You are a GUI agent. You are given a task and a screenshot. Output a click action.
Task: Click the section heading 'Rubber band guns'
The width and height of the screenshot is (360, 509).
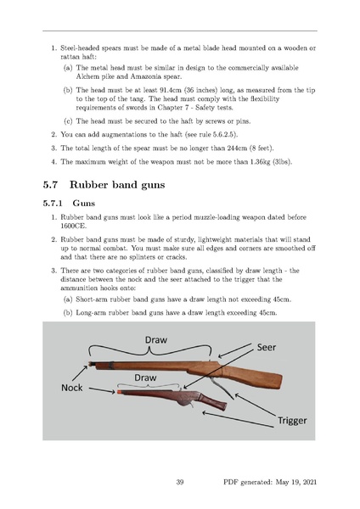(x=117, y=185)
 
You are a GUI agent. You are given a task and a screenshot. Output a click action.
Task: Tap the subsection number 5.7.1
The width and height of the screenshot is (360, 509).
(x=53, y=204)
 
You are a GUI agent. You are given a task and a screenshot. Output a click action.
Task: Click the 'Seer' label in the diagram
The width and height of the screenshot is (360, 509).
(x=267, y=347)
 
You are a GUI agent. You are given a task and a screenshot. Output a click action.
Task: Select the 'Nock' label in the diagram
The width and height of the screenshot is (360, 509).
(x=72, y=388)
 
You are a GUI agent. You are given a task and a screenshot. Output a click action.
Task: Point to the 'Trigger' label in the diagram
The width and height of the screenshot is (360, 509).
(x=292, y=421)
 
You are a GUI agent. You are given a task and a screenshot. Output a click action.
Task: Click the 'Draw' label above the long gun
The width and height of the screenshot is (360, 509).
(x=156, y=340)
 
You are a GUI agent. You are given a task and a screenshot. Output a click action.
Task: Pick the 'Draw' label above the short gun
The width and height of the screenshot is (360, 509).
(x=145, y=378)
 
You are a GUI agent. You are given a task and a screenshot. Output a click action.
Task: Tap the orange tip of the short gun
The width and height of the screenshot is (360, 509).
(x=119, y=392)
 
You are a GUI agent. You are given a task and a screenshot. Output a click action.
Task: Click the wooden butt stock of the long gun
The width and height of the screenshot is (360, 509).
(x=256, y=376)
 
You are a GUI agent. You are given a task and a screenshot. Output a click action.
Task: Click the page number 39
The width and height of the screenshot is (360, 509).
(x=180, y=482)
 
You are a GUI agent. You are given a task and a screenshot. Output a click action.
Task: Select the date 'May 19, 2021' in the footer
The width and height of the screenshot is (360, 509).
(x=296, y=483)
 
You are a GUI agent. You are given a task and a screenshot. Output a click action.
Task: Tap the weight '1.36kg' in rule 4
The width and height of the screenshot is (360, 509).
(x=260, y=162)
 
